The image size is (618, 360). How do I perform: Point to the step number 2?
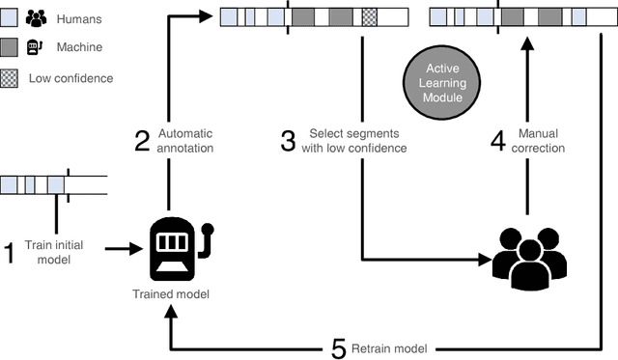click(x=141, y=141)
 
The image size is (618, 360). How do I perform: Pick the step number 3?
click(x=288, y=141)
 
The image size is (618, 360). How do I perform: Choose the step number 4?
click(x=498, y=141)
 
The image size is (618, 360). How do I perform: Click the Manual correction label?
click(x=541, y=142)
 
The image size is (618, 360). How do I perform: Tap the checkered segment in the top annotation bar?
click(x=370, y=16)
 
